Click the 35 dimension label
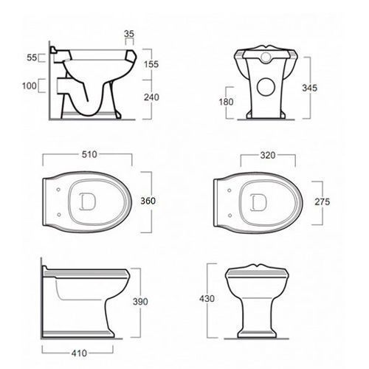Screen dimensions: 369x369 [129, 34]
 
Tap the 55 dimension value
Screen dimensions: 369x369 [32, 58]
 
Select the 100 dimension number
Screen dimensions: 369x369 [30, 86]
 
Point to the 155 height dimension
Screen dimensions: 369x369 [151, 64]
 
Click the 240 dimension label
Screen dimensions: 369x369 [151, 97]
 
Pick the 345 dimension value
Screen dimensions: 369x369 [310, 88]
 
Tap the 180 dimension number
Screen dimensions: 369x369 [226, 102]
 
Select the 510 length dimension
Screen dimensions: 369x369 [89, 154]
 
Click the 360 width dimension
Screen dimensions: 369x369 [148, 201]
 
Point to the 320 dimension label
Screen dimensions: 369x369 [268, 155]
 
